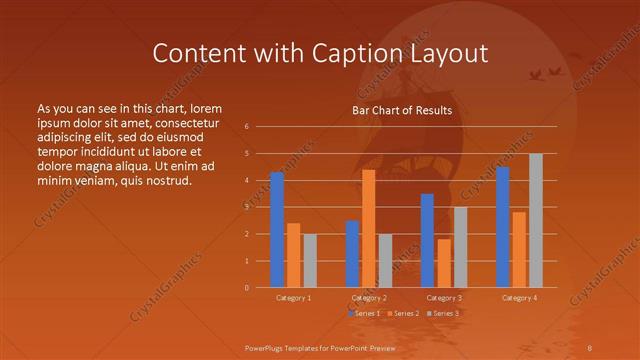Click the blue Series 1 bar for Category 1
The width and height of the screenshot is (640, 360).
(277, 230)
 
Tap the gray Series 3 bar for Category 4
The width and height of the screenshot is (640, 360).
(536, 221)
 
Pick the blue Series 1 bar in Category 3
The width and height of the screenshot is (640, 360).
(427, 240)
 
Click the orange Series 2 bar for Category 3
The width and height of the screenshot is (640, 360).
(443, 263)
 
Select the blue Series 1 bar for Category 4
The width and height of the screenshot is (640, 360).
(503, 227)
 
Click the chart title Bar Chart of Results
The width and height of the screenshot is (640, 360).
(402, 110)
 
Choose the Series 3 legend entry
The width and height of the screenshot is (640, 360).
(443, 313)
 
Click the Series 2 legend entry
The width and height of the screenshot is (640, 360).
(404, 313)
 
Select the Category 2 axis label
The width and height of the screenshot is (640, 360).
(369, 297)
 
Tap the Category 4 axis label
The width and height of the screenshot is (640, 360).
(519, 297)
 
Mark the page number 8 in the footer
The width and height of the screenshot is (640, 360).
(589, 346)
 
